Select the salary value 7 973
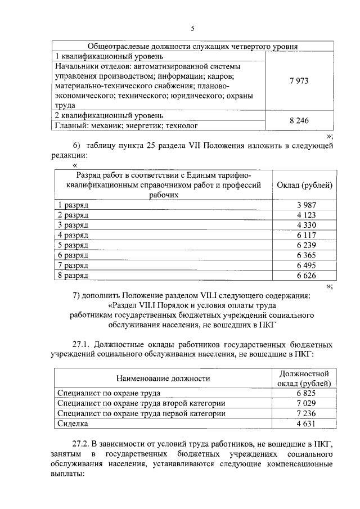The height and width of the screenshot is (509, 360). pos(299,82)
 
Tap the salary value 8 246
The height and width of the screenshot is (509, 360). pos(299,120)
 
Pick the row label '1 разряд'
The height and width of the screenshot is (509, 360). pos(73,205)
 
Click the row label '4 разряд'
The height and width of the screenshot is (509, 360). pos(73,236)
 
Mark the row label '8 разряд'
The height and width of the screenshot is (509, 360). pos(73,276)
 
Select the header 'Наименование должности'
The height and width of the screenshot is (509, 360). pos(164,379)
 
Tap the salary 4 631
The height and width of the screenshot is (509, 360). pos(307,424)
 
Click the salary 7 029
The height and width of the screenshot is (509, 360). pos(307,403)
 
